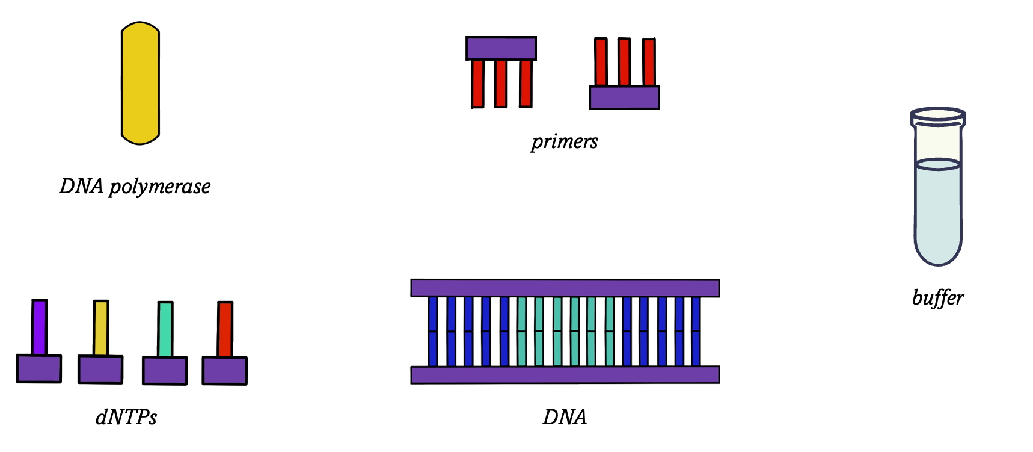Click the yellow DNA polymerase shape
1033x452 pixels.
[140, 84]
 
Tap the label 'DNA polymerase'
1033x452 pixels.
[135, 187]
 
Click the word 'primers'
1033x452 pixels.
[564, 141]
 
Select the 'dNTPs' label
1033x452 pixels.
[126, 417]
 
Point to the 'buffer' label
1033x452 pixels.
[937, 298]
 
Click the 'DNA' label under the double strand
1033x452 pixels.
[564, 417]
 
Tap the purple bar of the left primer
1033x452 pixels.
[501, 48]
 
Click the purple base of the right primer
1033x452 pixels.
[624, 98]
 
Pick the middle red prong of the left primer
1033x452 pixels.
[501, 83]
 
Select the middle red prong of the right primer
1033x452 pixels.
[624, 62]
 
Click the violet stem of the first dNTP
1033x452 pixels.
[39, 327]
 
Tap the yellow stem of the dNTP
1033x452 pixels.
[101, 328]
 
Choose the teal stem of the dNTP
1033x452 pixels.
[165, 329]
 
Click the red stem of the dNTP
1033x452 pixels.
[225, 329]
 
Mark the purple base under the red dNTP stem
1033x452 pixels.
[225, 371]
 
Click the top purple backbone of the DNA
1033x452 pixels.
[565, 288]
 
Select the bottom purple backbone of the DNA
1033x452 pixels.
[565, 375]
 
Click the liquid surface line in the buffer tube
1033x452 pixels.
[937, 164]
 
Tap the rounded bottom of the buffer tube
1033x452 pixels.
[937, 256]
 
